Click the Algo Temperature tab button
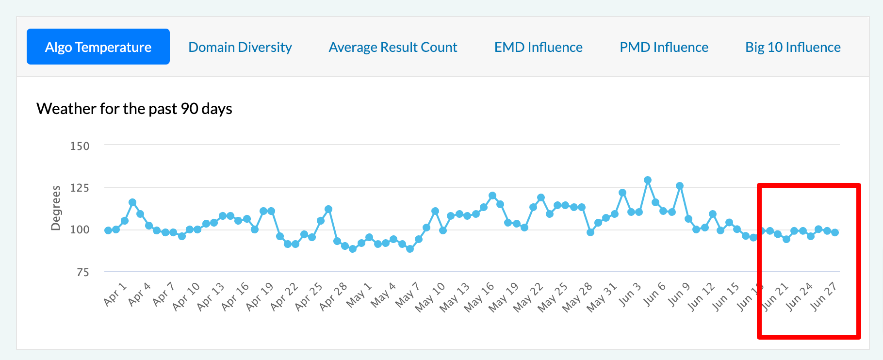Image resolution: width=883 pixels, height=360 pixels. tap(98, 47)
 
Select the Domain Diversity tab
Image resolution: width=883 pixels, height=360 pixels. tap(240, 47)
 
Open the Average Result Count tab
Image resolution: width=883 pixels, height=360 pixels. tap(392, 47)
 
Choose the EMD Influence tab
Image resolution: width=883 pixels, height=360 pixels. tap(538, 47)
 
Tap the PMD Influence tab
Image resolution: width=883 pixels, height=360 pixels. tap(664, 47)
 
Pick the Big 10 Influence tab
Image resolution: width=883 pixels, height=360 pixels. tap(793, 47)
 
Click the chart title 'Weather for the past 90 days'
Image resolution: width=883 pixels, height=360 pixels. tap(134, 109)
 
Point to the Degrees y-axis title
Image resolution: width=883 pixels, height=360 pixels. tap(56, 208)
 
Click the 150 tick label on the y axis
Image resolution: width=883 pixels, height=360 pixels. tap(80, 146)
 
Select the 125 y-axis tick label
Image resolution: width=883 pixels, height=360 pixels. tap(80, 188)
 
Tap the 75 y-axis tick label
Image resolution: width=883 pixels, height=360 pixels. tap(82, 272)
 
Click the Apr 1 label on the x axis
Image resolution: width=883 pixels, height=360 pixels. tap(115, 295)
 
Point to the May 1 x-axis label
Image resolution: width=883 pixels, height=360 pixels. tap(359, 295)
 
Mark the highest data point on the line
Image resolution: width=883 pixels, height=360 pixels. tap(647, 180)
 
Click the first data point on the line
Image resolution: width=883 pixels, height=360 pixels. tap(108, 230)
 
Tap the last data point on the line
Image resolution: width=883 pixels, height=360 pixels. tap(835, 232)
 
